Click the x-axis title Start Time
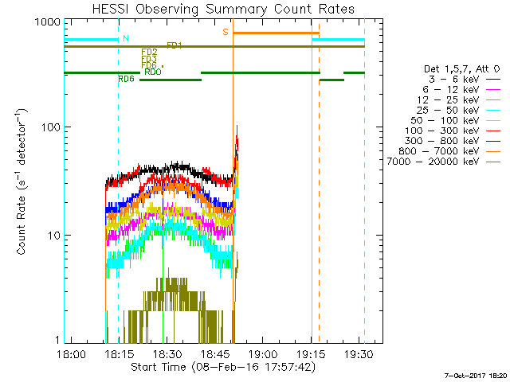[222, 367]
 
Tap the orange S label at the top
[226, 32]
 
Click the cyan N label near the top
[124, 38]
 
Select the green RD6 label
[125, 79]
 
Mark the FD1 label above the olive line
[174, 45]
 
